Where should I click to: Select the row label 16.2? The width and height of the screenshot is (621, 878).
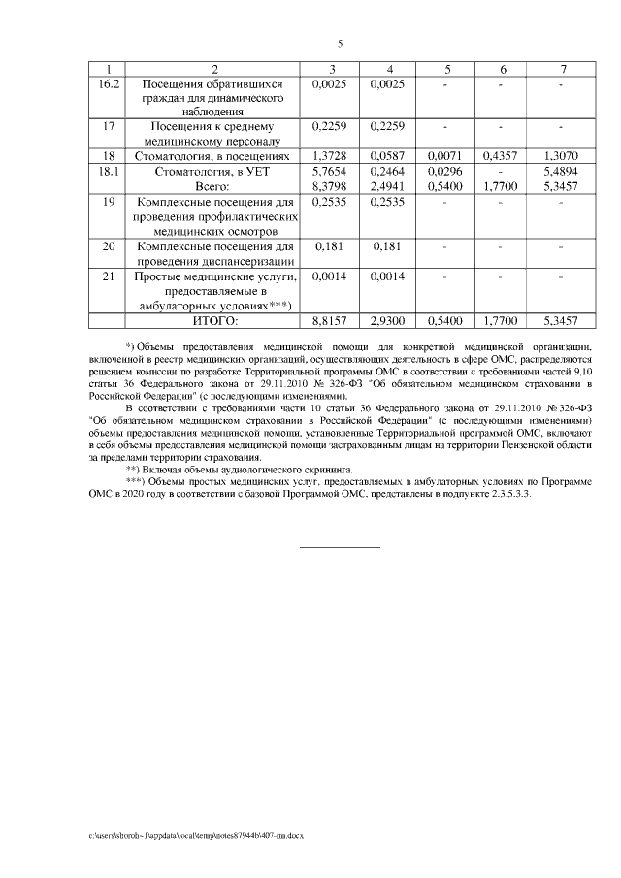109,84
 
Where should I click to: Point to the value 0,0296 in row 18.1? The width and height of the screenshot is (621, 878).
446,170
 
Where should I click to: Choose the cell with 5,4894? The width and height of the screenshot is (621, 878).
562,170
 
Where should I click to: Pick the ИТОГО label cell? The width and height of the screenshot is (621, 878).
215,318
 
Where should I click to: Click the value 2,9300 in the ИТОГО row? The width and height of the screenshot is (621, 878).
389,318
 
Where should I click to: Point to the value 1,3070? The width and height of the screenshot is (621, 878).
562,155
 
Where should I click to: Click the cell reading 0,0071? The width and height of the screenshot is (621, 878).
446,155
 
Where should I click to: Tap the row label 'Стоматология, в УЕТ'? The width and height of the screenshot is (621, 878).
215,170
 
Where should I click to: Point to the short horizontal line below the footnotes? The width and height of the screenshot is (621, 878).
341,548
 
